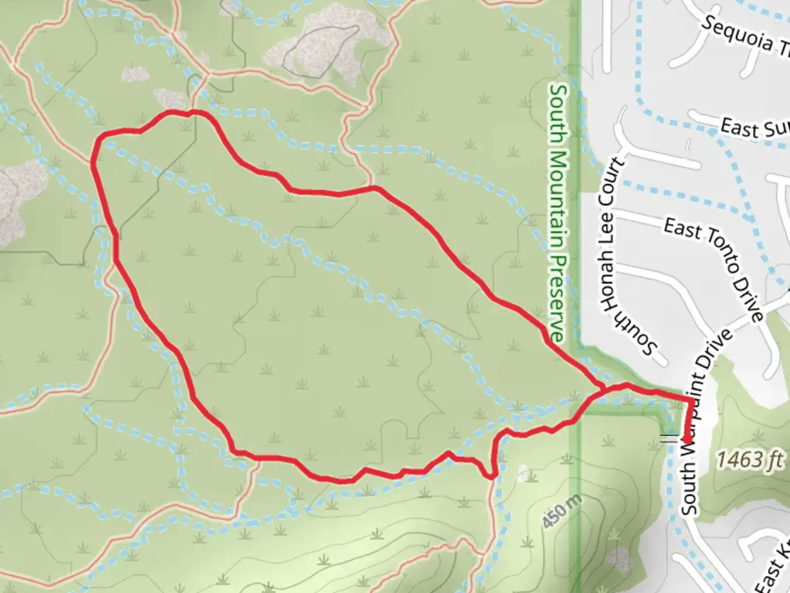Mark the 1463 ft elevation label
click(x=749, y=458)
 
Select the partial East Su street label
click(x=755, y=128)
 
